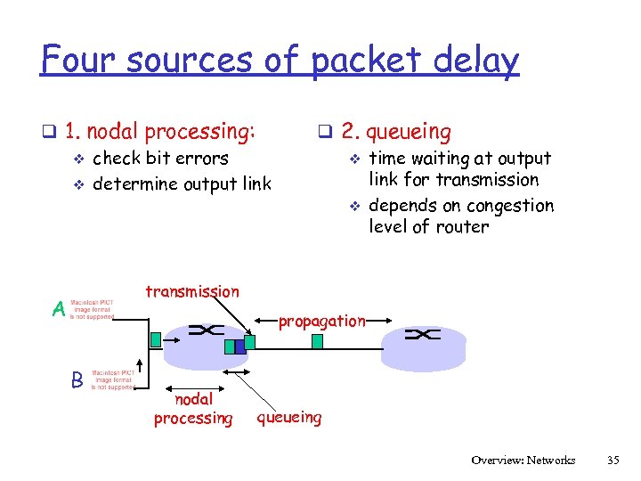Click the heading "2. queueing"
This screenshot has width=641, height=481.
(395, 132)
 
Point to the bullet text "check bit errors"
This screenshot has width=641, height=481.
(160, 159)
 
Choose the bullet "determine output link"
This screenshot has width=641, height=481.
(182, 184)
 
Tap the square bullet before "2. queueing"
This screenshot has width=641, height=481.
(326, 133)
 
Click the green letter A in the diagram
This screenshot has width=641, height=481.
(58, 310)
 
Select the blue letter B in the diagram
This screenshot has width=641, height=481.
(77, 379)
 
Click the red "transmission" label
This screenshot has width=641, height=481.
(191, 291)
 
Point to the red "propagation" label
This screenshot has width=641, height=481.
(321, 321)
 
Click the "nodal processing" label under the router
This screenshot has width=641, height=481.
(192, 409)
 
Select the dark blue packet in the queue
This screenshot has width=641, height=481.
(239, 346)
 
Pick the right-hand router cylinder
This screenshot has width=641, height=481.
(423, 344)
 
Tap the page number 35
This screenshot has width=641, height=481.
(612, 461)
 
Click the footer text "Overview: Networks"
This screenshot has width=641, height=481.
(523, 461)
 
